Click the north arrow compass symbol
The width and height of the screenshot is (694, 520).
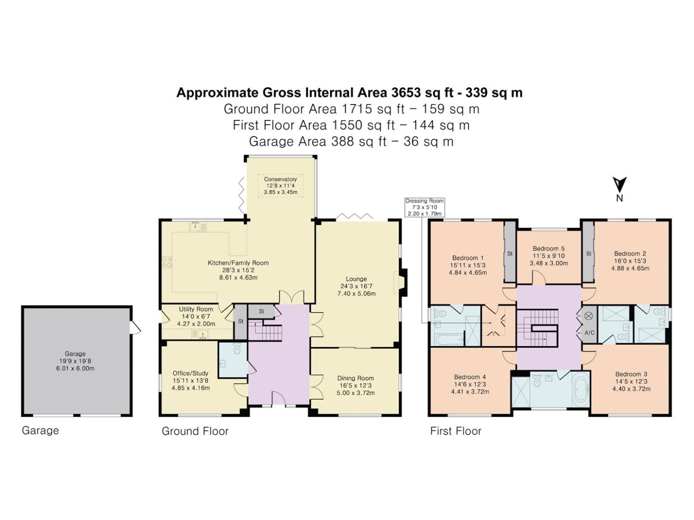click(619, 188)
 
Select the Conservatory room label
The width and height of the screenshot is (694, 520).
click(281, 179)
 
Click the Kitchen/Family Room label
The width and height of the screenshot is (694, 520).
click(238, 262)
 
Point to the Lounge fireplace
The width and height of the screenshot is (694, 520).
click(402, 283)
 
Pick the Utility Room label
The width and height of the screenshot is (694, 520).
click(196, 309)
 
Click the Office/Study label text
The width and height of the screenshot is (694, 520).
click(190, 373)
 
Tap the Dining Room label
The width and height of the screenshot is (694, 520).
click(355, 378)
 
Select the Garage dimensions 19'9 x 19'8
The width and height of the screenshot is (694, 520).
click(75, 361)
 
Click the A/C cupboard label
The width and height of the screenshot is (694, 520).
click(589, 333)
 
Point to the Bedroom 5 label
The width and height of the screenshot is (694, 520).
click(549, 249)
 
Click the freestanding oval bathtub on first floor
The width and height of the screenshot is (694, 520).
click(580, 390)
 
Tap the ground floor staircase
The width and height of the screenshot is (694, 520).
click(265, 330)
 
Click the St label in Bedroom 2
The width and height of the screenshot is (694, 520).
click(588, 254)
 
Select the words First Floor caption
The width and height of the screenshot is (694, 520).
click(456, 431)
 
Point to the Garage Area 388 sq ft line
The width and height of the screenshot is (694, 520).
click(351, 141)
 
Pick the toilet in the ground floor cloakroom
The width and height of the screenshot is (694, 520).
click(237, 349)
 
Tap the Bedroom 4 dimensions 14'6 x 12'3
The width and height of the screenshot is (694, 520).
click(470, 384)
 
